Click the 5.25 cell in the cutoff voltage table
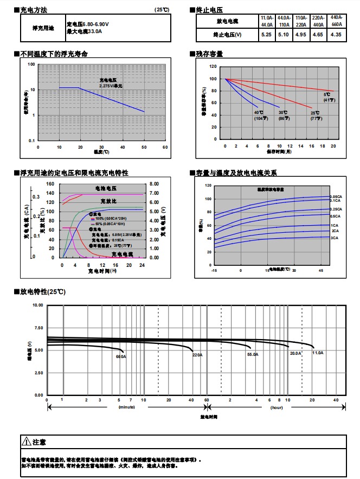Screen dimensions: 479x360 (266, 34)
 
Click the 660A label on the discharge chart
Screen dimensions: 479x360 (121, 356)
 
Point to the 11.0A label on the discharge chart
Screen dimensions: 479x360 (317, 353)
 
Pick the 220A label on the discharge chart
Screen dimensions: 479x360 (197, 355)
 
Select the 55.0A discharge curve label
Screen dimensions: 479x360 (253, 354)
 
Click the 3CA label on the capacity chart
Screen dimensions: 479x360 (335, 238)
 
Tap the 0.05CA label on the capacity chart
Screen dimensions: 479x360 (336, 196)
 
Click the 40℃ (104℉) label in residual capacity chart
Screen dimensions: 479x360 (259, 115)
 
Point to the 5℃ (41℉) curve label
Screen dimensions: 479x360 (329, 98)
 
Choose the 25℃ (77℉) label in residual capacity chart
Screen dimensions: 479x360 (315, 115)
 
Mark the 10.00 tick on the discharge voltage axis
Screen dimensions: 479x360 (37, 305)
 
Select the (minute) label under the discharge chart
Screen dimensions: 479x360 (126, 406)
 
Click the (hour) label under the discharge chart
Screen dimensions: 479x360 (277, 406)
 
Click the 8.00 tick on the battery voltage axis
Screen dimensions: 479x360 (153, 184)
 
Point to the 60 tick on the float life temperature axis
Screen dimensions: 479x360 (165, 147)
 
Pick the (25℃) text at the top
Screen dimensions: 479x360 (162, 10)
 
